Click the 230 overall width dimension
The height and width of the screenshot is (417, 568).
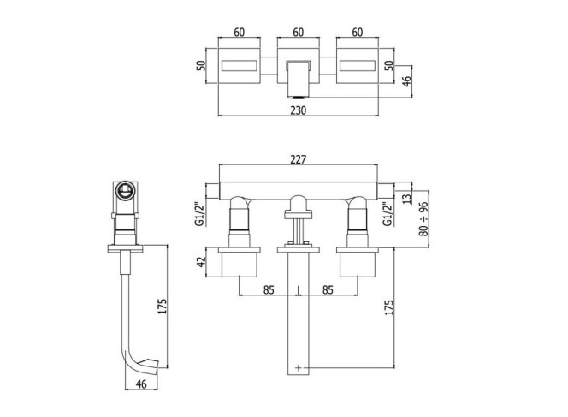click(299, 110)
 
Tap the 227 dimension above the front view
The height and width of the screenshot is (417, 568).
click(299, 159)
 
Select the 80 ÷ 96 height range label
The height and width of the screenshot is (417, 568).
click(423, 218)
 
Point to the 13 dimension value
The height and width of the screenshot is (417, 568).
click(407, 199)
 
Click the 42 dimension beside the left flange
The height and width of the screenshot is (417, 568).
click(201, 262)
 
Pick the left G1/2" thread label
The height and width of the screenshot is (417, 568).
click(200, 214)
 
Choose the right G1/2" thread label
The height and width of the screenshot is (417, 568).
click(388, 214)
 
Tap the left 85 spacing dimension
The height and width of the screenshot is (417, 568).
click(269, 290)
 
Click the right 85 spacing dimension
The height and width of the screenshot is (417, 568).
click(328, 290)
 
